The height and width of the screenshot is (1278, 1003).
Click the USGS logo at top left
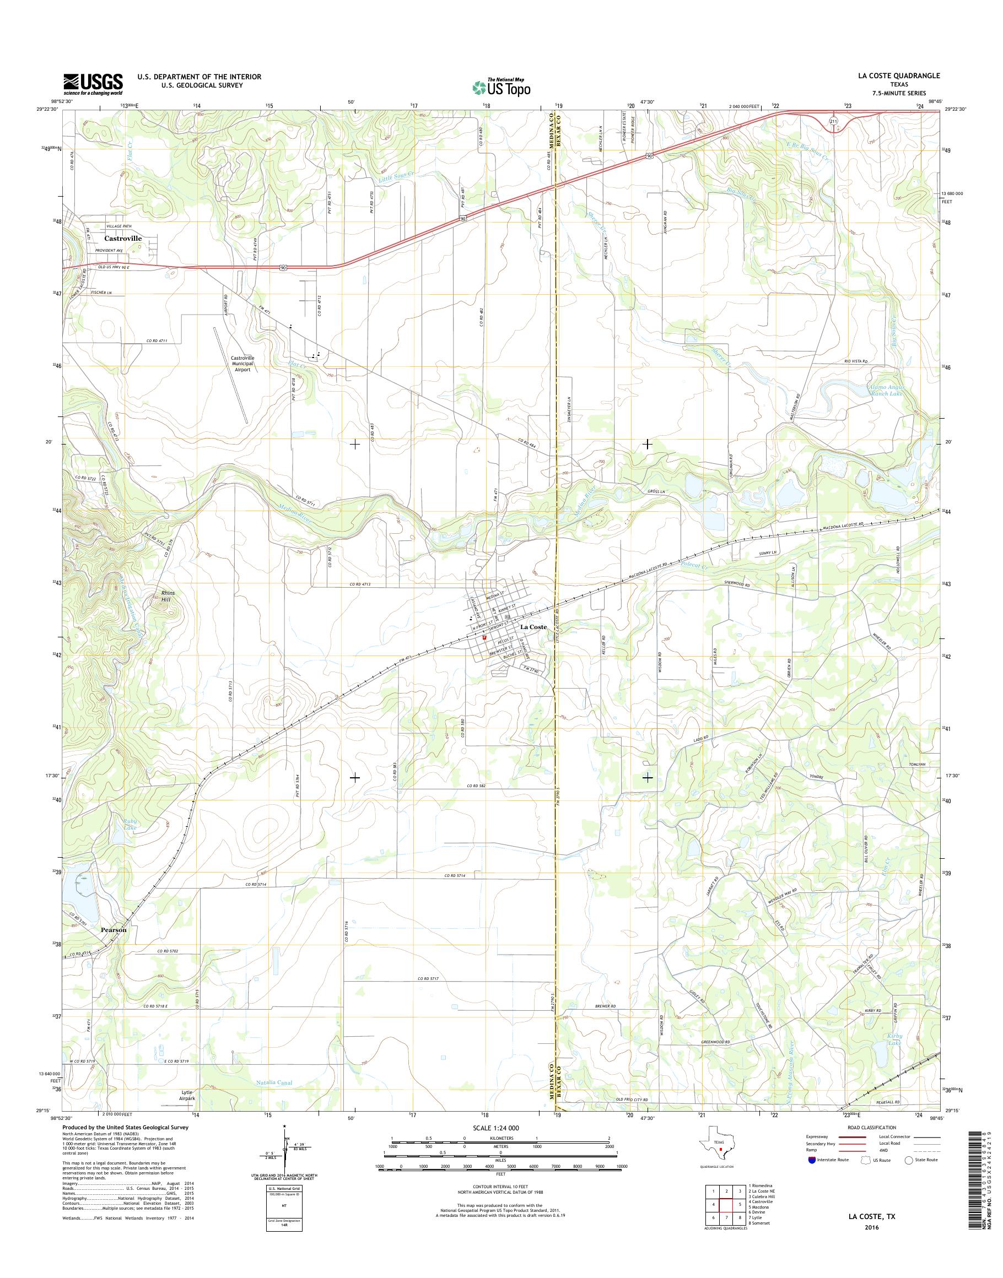[93, 84]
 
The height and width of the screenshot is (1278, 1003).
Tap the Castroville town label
[123, 239]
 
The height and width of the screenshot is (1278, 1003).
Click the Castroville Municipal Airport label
[242, 364]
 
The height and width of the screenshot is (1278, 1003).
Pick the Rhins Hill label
[168, 597]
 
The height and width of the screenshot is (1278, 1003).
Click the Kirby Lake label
[894, 1039]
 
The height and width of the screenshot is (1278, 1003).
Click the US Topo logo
[502, 88]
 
